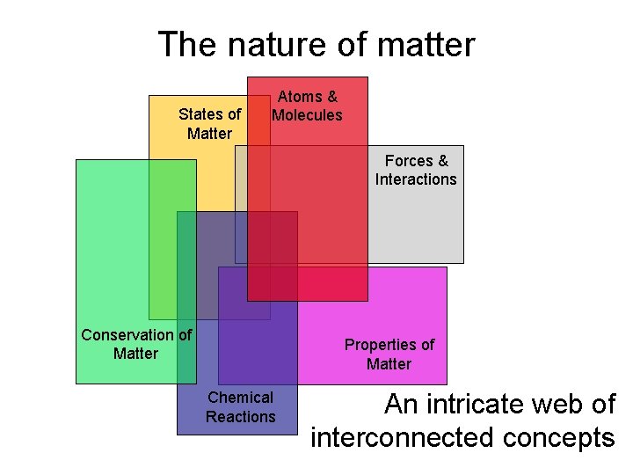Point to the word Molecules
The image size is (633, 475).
coord(307,115)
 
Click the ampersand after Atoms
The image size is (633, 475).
coord(331,97)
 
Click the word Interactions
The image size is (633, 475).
coord(416,179)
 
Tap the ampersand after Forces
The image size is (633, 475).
coord(441,161)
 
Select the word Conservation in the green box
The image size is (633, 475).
coord(127,335)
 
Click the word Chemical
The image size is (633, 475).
coord(240,398)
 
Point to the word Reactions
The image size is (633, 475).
coord(240,417)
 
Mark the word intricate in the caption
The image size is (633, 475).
coord(475,405)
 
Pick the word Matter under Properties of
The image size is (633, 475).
coord(389,364)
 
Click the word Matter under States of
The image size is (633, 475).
coord(209,134)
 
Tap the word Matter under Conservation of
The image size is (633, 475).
coord(135,354)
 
